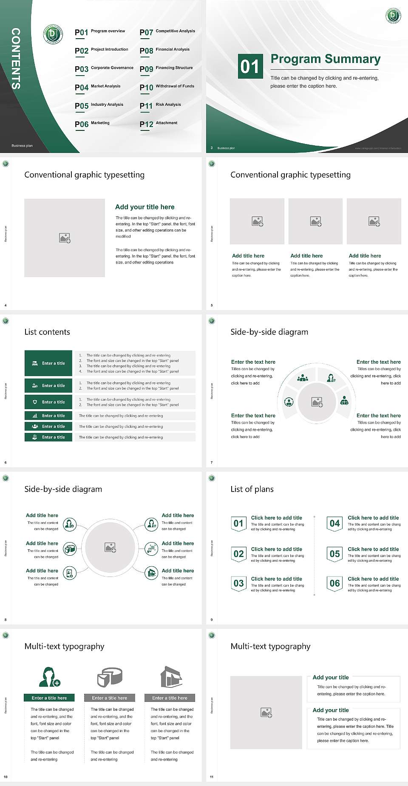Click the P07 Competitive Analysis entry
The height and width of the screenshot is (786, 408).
167,32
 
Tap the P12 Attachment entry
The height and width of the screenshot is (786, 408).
158,124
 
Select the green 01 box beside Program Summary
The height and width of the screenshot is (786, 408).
250,66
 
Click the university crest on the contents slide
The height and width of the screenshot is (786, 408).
53,34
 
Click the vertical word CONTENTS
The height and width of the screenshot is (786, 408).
16,58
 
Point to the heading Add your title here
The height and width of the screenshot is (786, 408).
144,207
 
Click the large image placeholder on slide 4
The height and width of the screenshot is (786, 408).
65,238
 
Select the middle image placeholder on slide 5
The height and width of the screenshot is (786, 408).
315,221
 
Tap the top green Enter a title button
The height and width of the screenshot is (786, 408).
48,363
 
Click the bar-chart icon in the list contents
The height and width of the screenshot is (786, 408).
35,416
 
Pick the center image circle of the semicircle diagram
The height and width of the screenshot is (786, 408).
317,402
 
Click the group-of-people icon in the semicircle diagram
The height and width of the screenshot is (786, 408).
303,377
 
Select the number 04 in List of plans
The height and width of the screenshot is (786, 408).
335,523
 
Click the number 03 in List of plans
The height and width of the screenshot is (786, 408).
239,583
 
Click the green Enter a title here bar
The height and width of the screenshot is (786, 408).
49,698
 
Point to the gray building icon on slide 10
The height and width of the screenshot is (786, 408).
171,676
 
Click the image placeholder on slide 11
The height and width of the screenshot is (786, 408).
266,712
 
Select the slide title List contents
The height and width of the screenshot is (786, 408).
47,332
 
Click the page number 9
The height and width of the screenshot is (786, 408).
212,619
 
